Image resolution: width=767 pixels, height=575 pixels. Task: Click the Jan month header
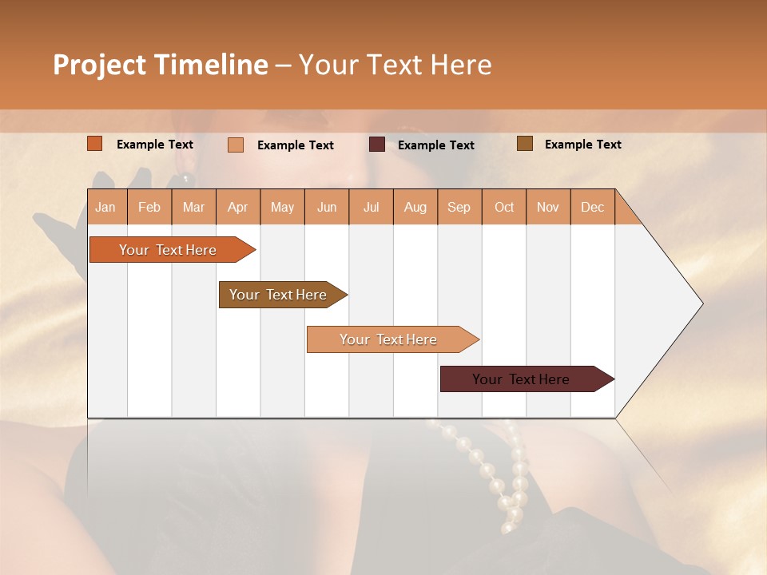click(105, 208)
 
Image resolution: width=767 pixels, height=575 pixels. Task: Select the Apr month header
click(237, 208)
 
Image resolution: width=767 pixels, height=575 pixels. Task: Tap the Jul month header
click(371, 208)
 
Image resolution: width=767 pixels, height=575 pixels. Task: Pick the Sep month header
click(459, 208)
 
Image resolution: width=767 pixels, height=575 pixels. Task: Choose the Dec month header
click(592, 208)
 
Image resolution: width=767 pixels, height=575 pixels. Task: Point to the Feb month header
click(149, 208)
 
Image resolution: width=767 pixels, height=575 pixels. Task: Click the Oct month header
click(504, 208)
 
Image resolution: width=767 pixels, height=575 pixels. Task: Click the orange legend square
click(95, 144)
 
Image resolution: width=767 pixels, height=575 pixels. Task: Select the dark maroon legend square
click(377, 145)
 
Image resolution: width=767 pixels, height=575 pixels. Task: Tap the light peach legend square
click(236, 145)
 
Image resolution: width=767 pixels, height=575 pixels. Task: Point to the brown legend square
click(525, 144)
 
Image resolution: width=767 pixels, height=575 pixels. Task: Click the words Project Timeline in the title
click(161, 65)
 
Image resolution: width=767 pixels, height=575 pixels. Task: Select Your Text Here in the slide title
click(395, 65)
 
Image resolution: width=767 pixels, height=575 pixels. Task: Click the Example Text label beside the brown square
click(582, 145)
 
